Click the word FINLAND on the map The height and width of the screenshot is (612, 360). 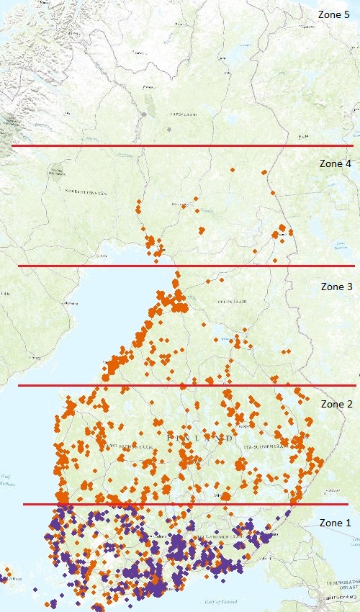199,437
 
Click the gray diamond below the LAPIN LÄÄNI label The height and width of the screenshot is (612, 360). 169,128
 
